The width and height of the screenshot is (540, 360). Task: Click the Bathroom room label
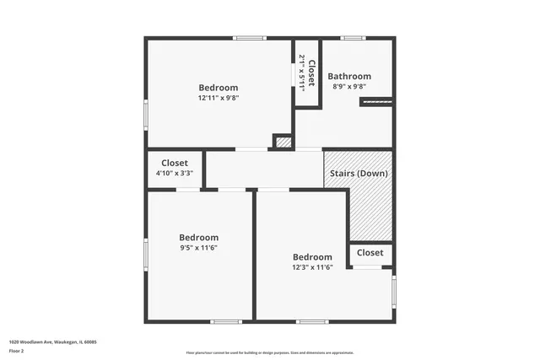click(349, 76)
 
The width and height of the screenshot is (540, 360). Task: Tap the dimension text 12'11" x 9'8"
click(218, 98)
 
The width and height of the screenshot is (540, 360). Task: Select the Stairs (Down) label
click(358, 174)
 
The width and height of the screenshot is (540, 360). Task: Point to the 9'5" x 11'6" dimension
click(198, 248)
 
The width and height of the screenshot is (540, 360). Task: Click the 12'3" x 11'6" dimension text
click(312, 267)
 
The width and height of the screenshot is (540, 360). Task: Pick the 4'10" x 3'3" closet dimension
click(175, 173)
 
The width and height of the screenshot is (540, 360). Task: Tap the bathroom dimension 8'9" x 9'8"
click(348, 86)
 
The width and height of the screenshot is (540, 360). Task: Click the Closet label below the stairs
click(370, 252)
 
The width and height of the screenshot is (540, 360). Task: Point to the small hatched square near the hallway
click(283, 143)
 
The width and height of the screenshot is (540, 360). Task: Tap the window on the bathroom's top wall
click(353, 38)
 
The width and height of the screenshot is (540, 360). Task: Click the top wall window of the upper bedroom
click(250, 38)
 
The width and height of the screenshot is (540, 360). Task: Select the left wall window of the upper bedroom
click(146, 115)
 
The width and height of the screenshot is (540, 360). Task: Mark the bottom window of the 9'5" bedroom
click(226, 321)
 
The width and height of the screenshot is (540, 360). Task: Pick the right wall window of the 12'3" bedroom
click(393, 290)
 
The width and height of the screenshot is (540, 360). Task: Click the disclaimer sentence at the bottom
click(270, 352)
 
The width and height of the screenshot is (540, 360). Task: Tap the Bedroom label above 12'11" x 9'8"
click(218, 87)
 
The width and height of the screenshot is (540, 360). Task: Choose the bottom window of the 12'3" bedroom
click(312, 321)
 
